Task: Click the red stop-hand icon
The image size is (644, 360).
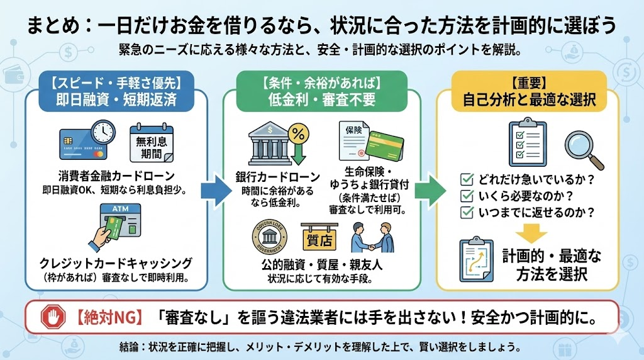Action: (x=53, y=318)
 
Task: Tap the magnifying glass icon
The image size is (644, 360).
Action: (x=582, y=146)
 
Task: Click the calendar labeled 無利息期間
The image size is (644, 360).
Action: (x=151, y=143)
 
